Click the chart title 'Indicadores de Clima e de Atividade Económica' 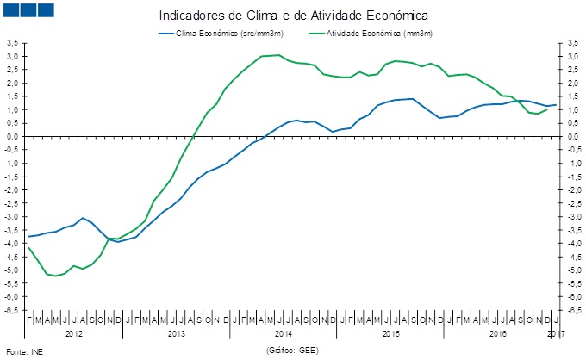pos(293,16)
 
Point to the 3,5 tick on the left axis pos(13,43)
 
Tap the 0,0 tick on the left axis pos(13,137)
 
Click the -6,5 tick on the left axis pos(12,310)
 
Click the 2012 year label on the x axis pos(74,332)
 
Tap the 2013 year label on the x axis pos(177,332)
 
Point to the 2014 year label pos(284,332)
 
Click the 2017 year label pos(556,332)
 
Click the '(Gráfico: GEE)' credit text pos(294,351)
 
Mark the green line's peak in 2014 pos(277,55)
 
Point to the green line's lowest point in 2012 pos(56,276)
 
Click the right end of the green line pos(547,109)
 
